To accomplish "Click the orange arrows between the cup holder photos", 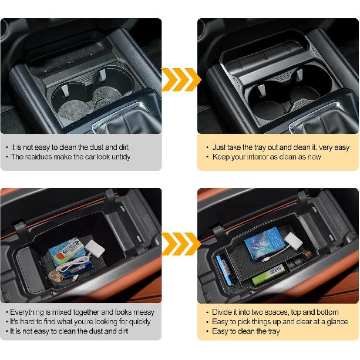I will click(x=180, y=79).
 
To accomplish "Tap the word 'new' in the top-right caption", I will click(x=315, y=157).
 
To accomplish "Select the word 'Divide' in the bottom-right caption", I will click(x=223, y=312).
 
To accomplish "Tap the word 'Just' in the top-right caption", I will click(x=220, y=147).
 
